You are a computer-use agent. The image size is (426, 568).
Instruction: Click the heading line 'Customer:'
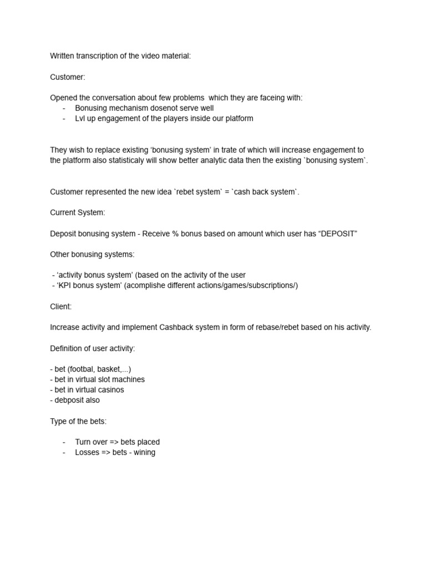click(68, 77)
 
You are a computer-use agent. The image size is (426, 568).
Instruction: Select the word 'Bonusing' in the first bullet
click(92, 108)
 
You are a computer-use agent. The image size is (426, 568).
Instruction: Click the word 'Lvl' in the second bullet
click(81, 118)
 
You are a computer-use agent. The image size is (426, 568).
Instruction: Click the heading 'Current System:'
click(78, 212)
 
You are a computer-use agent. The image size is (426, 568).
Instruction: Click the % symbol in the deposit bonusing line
click(175, 234)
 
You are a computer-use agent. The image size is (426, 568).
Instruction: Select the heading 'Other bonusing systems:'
click(92, 254)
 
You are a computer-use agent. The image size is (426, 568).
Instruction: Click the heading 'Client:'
click(61, 306)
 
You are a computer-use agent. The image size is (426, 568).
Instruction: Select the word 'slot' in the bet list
click(103, 379)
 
